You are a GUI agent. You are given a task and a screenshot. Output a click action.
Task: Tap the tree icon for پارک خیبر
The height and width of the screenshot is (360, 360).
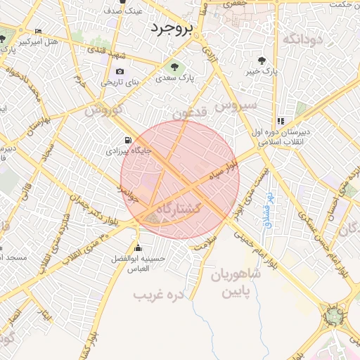click(262, 60)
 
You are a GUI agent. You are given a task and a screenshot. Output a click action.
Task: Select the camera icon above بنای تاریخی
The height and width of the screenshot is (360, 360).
click(120, 71)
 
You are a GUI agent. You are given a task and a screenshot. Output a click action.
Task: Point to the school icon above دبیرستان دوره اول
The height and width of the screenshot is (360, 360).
click(281, 120)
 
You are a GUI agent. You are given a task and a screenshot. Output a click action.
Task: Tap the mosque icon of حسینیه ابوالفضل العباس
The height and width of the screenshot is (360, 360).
click(138, 247)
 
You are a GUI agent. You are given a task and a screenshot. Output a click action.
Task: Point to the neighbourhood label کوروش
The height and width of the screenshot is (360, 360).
click(103, 110)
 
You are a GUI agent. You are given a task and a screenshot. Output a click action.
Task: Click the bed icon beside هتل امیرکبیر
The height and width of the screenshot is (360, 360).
click(38, 32)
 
